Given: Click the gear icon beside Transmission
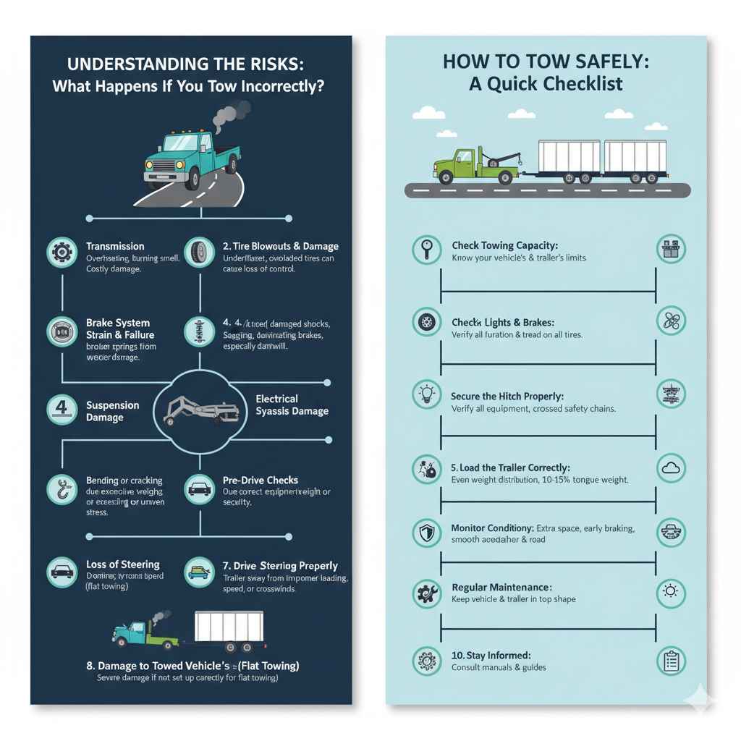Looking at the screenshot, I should coord(61,253).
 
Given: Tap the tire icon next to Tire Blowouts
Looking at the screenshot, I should coord(199,253).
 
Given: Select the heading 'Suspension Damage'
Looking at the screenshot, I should coord(112,411).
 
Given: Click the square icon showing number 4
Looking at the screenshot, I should coord(61,409).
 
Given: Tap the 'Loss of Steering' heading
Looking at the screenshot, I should coord(122,564).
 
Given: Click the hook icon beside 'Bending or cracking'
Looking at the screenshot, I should coord(61,489).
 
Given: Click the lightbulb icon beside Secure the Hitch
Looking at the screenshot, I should coord(426,394).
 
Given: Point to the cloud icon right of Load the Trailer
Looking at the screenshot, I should coord(670,468).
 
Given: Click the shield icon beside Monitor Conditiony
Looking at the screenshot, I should coord(426,534).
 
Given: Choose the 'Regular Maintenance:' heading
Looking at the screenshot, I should coord(501,587).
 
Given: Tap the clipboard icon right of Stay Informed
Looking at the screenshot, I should coord(670,661).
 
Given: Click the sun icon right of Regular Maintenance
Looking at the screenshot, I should coord(670,593).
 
